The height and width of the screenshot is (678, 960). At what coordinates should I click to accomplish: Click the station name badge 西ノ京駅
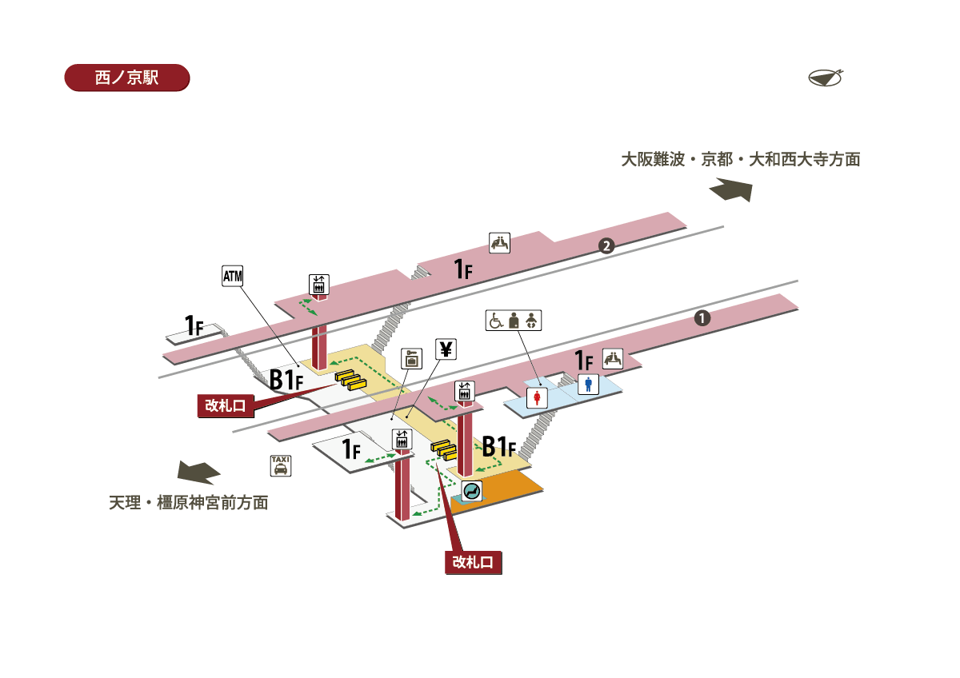point(126,78)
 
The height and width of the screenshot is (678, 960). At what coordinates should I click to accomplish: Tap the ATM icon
point(232,277)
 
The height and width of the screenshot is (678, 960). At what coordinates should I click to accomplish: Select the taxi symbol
point(281,465)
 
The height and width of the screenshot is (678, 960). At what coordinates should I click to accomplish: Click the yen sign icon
point(446,349)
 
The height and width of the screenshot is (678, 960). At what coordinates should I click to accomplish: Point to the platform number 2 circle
point(606,245)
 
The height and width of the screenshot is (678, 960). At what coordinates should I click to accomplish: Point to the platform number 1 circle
point(702,318)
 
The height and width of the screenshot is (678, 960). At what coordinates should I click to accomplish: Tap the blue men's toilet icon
point(590,384)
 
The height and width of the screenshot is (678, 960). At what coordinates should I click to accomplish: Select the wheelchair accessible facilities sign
point(514,320)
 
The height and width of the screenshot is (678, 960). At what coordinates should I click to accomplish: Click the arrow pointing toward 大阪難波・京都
point(731,191)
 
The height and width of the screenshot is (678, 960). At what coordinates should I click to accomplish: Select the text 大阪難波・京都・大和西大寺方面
point(741,159)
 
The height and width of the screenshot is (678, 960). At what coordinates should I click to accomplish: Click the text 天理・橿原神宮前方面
point(189,503)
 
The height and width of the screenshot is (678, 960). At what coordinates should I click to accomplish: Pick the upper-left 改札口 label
point(226,405)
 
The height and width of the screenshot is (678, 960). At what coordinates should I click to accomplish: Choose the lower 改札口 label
point(473,562)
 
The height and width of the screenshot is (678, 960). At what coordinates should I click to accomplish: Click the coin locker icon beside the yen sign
point(411,358)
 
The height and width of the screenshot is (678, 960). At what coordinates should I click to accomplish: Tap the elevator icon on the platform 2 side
point(318,284)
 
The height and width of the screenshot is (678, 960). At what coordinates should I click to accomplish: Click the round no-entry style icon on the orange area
point(471,491)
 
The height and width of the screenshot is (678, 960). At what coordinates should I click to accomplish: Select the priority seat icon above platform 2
point(500,243)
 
